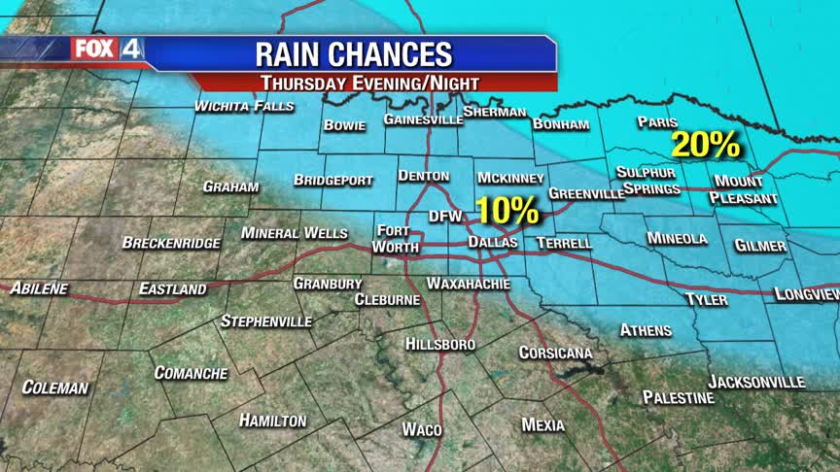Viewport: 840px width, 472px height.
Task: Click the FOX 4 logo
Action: click(106, 49)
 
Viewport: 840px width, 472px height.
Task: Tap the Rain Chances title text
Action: click(353, 53)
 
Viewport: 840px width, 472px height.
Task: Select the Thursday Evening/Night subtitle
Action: click(373, 83)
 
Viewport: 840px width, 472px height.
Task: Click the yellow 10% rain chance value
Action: click(507, 210)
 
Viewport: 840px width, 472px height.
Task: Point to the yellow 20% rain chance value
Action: click(706, 145)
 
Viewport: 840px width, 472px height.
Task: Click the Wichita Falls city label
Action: click(244, 107)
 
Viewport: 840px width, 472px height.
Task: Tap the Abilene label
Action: click(39, 288)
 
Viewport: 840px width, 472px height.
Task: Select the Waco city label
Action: click(422, 429)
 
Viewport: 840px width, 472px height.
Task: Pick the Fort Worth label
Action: click(397, 239)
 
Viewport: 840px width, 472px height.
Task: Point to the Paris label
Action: click(655, 122)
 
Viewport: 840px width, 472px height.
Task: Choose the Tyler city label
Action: click(706, 299)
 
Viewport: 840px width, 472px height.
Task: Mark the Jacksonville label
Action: click(756, 382)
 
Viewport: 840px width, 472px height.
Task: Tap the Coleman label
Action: click(55, 388)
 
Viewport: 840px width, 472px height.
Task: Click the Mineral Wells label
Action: click(294, 233)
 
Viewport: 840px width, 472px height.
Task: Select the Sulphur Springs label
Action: click(646, 180)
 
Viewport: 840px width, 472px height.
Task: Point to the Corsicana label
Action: click(555, 353)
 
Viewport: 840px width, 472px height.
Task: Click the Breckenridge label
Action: click(171, 243)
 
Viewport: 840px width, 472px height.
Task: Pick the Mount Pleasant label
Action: click(745, 189)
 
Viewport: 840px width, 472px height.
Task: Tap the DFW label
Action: click(443, 217)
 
